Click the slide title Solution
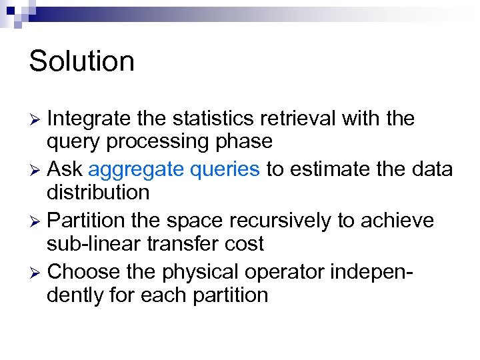(82, 61)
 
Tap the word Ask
(65, 170)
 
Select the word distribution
(98, 193)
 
